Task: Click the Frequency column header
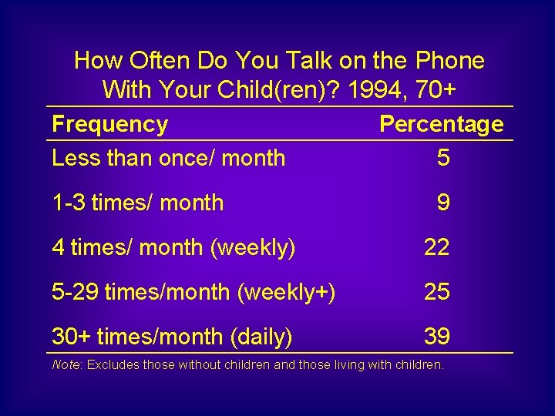109,124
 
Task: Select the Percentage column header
441,124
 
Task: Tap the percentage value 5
442,158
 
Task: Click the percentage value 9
442,203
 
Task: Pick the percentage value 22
436,247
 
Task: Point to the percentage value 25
436,292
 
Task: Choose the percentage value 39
436,337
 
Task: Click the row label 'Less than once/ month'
168,158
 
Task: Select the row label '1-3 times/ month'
137,203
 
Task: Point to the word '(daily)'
261,337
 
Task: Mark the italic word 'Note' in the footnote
65,364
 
